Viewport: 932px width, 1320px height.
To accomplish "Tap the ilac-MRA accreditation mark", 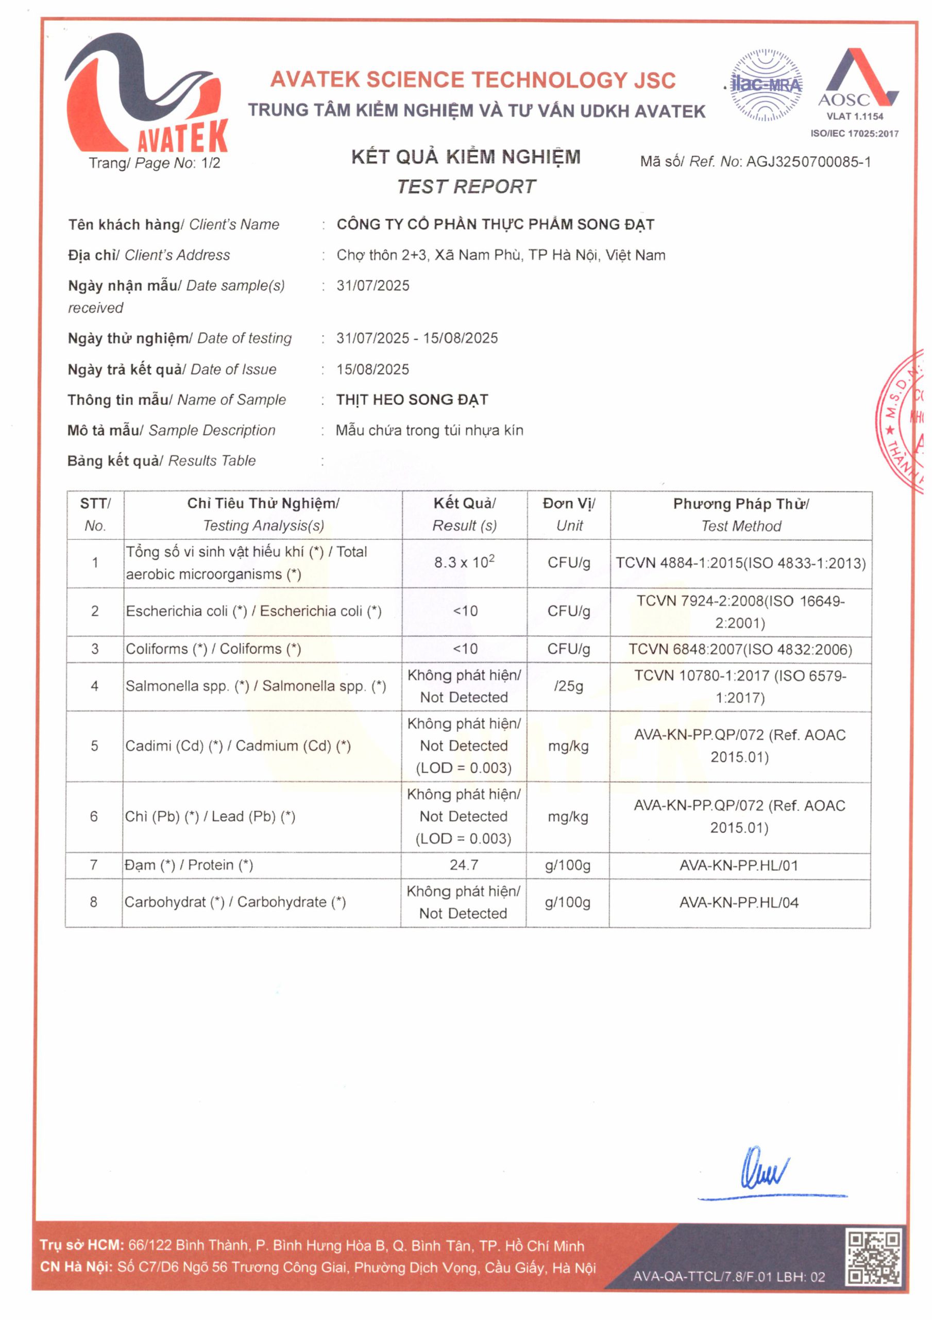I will (x=766, y=86).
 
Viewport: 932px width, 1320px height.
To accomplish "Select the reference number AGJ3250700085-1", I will (x=808, y=162).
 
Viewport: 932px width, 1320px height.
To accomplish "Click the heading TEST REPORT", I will (x=466, y=186).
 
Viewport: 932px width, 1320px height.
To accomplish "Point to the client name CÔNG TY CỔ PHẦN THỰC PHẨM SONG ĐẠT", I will (x=495, y=224).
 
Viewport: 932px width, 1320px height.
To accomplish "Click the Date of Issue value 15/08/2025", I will (x=373, y=369).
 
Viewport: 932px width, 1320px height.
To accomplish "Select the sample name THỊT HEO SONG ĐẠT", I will (x=412, y=400).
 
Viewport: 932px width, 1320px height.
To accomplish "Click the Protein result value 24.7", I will (x=464, y=865).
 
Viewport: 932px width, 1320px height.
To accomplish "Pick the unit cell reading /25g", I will (x=568, y=686).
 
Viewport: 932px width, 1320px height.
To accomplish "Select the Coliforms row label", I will (x=213, y=649).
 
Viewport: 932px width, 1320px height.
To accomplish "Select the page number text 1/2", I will (x=211, y=163).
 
